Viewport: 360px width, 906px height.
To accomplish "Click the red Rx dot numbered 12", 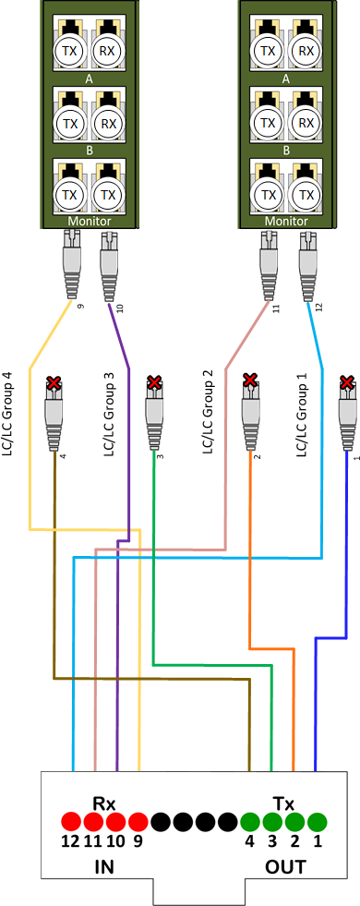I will [72, 820].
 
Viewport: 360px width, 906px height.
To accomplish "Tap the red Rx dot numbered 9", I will [138, 820].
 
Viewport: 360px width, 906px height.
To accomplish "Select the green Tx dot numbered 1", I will [318, 820].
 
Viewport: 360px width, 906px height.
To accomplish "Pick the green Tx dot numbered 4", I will [250, 820].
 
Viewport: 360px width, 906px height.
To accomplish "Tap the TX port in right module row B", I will [268, 122].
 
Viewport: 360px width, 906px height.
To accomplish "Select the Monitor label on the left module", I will [90, 222].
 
